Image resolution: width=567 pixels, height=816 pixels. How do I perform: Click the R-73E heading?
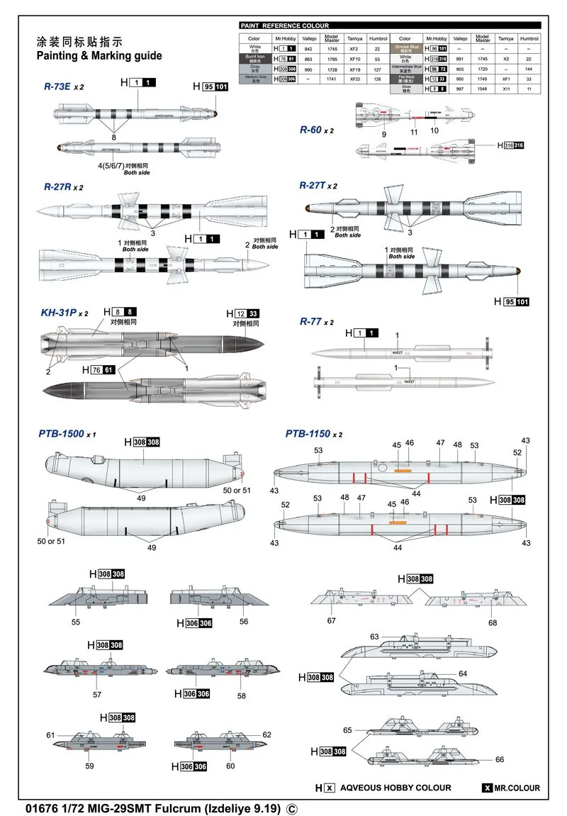(59, 86)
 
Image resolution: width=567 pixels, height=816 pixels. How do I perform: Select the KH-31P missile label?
(60, 313)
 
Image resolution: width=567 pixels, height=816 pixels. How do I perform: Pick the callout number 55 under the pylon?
(76, 622)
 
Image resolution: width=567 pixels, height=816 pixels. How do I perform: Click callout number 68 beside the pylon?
(493, 622)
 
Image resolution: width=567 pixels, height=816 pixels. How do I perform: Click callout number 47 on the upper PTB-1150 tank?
(440, 443)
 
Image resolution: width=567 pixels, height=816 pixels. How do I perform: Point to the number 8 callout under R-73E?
(113, 138)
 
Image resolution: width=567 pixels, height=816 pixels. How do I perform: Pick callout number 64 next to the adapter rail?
(462, 674)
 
